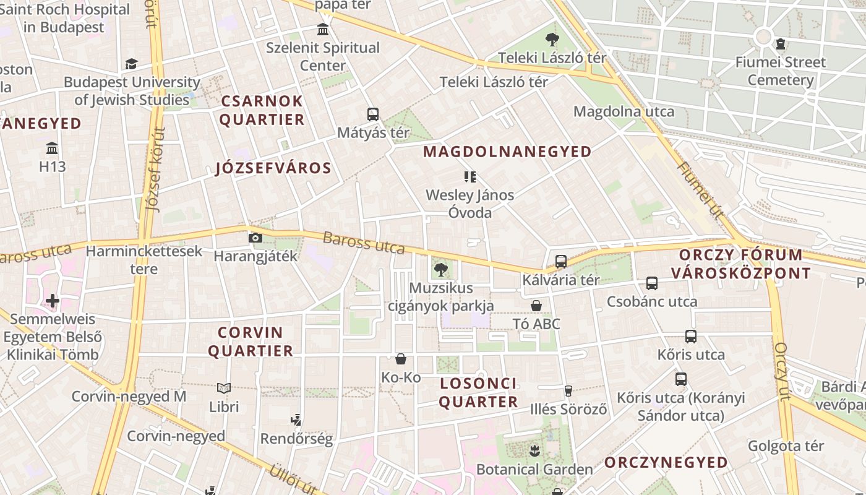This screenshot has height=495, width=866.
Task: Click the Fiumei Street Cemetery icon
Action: (x=781, y=44)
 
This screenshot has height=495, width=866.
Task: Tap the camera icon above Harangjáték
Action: (x=255, y=238)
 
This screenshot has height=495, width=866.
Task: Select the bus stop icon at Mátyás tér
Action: (x=372, y=114)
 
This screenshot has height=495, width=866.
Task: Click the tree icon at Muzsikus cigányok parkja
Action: (x=440, y=269)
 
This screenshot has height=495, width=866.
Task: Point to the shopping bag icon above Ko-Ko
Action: (x=401, y=359)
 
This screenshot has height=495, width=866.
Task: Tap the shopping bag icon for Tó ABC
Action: (x=536, y=306)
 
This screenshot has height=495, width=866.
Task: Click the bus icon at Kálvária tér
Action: (x=561, y=262)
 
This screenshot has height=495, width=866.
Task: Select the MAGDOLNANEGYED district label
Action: (x=507, y=152)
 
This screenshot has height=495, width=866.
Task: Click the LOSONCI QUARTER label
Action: (x=479, y=392)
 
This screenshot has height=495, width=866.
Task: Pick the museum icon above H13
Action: (x=52, y=148)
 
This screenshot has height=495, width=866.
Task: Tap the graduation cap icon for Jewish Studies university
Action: (x=131, y=64)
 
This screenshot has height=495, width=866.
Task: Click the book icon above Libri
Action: (x=224, y=389)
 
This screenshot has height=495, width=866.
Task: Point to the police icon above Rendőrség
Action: (x=296, y=420)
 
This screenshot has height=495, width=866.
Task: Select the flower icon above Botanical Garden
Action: (x=534, y=449)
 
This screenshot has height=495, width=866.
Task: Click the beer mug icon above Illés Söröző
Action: (x=568, y=390)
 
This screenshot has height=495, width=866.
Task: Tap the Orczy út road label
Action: (x=782, y=371)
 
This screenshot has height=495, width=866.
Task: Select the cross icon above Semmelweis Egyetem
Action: (x=53, y=301)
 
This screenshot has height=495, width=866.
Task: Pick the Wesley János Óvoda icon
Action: (x=470, y=178)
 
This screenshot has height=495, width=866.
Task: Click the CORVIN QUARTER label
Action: (x=251, y=342)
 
